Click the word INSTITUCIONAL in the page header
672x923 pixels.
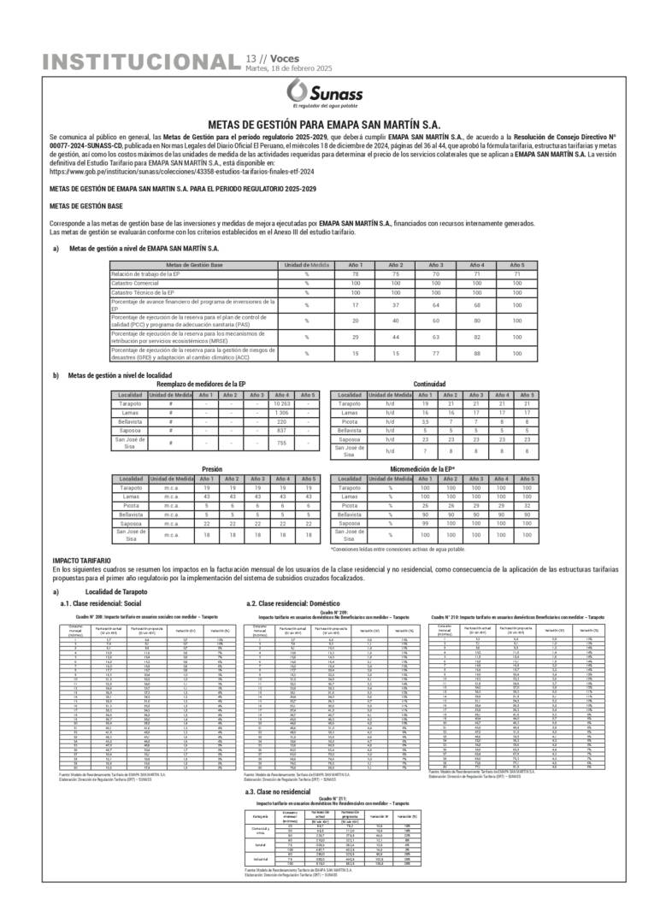click(x=140, y=62)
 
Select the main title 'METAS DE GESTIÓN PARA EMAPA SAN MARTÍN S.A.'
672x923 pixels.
click(x=336, y=123)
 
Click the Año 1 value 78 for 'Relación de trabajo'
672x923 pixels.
click(x=357, y=273)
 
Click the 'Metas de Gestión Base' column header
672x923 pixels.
click(x=195, y=265)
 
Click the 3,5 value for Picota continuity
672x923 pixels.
click(x=425, y=422)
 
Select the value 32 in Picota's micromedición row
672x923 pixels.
click(x=529, y=506)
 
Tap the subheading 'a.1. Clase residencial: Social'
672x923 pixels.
click(x=95, y=603)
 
